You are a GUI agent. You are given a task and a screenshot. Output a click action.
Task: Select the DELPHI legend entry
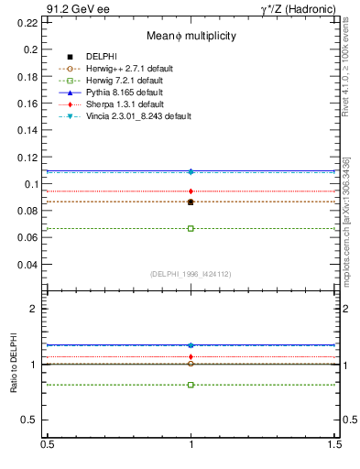100,57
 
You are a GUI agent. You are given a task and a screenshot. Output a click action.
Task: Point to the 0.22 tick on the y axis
28,22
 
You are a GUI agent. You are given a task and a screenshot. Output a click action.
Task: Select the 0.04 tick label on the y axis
28,265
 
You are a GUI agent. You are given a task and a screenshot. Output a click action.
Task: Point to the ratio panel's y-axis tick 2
34,309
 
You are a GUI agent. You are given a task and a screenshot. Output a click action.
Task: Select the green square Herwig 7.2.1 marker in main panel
191,228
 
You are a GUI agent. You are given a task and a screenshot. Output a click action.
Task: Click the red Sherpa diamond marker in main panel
191,191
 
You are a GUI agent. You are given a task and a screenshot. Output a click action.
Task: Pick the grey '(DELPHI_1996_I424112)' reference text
191,273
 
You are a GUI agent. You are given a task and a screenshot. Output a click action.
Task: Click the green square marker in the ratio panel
191,385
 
